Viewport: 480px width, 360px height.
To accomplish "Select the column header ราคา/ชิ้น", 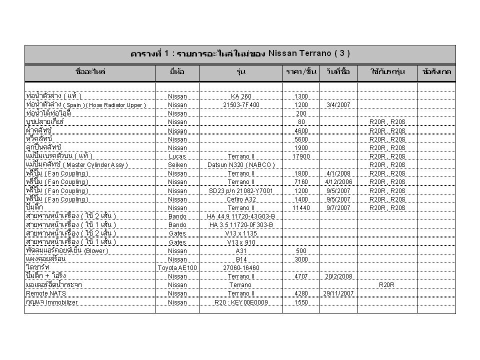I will point(301,72).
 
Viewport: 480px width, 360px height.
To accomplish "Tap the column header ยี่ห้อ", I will point(177,72).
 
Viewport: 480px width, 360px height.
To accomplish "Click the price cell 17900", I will point(301,156).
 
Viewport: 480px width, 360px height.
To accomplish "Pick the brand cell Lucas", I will point(177,156).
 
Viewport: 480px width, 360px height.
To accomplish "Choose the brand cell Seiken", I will point(177,164).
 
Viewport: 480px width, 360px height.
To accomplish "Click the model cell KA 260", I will point(241,96).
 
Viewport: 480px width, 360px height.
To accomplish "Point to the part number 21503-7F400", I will point(241,105).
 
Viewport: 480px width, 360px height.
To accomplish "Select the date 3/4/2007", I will point(338,105).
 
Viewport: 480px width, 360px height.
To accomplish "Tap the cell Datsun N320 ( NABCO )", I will point(241,164).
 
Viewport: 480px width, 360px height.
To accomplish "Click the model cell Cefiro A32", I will point(241,199).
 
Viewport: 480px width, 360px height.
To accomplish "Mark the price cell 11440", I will point(301,207).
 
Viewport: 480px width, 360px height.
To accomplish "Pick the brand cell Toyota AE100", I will point(177,268).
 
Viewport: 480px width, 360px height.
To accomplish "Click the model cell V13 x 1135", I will point(241,233).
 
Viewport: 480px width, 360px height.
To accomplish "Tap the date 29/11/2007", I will point(338,293).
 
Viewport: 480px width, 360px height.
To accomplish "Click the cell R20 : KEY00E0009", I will point(241,302).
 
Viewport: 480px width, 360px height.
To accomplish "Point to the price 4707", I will point(301,276).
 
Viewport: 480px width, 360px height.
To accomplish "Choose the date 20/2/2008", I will point(338,276).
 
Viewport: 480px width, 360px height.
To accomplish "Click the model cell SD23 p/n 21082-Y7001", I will point(241,190).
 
